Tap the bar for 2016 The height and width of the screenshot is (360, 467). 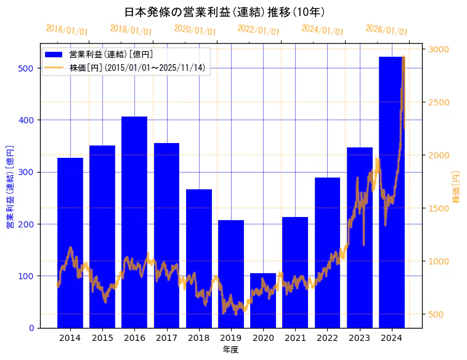point(134,222)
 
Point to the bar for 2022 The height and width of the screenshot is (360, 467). point(327,253)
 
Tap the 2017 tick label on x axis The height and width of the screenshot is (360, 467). point(166,338)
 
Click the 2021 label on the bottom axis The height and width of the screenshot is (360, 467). point(295,338)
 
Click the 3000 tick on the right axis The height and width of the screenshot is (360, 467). point(439,49)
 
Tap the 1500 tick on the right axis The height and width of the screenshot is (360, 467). point(439,208)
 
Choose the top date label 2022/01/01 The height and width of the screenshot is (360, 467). point(258,30)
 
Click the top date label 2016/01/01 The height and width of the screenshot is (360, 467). point(67,30)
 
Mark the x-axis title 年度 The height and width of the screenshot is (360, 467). point(230,350)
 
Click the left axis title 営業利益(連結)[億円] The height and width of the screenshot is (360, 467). point(10,187)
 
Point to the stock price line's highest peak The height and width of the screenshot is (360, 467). point(403,57)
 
